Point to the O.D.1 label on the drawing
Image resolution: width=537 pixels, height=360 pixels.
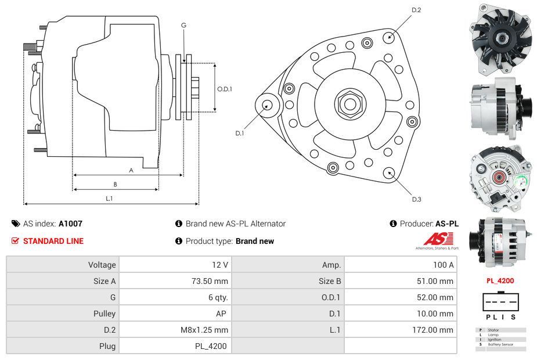(x=225, y=89)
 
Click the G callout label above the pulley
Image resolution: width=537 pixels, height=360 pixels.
(x=183, y=25)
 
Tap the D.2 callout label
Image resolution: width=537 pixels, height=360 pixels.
(x=416, y=10)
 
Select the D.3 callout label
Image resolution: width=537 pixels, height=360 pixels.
(x=416, y=199)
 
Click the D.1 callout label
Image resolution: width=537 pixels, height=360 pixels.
(x=239, y=134)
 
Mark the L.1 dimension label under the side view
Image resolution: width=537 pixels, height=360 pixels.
(x=109, y=199)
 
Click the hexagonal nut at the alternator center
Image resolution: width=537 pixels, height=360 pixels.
(x=349, y=105)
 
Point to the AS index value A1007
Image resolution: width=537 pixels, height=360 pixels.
(x=70, y=224)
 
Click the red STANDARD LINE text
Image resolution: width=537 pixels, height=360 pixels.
(x=53, y=241)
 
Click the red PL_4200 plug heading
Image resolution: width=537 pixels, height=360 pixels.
(x=500, y=280)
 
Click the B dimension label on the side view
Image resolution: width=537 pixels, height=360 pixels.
(x=115, y=185)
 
